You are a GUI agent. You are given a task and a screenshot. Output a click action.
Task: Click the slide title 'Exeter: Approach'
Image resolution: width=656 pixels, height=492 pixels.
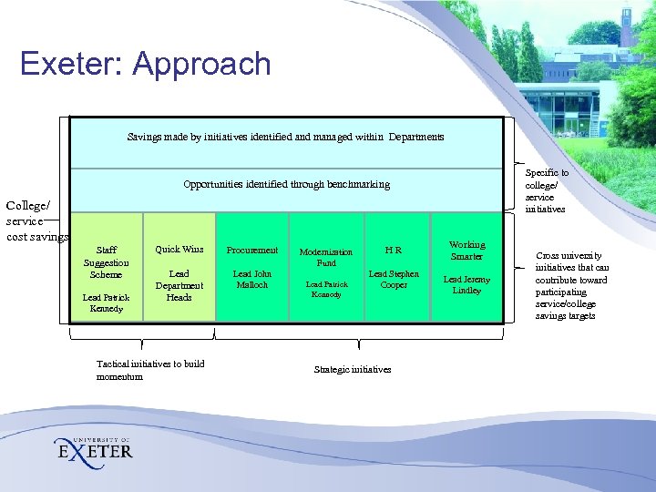tap(146, 64)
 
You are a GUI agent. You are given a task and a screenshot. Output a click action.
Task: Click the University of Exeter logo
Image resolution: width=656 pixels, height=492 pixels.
tap(94, 447)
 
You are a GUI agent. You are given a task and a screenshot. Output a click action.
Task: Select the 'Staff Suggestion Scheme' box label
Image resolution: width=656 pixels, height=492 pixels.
tap(107, 261)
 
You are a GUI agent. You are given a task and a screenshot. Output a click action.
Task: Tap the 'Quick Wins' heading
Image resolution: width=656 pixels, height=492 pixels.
tap(179, 250)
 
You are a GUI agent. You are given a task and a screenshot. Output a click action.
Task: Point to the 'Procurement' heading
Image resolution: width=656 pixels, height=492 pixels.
tap(252, 250)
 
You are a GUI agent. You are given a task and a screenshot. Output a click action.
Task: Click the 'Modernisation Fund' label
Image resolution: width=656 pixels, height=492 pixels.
tap(326, 258)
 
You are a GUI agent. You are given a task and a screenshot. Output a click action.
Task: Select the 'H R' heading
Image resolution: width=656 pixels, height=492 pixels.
tap(394, 250)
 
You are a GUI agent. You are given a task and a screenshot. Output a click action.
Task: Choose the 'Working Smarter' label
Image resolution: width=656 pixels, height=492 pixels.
tap(467, 251)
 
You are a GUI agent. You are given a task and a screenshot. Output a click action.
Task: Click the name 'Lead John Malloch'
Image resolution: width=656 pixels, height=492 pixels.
tap(252, 279)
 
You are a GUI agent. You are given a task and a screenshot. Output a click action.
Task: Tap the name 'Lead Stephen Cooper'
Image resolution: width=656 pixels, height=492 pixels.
tap(394, 279)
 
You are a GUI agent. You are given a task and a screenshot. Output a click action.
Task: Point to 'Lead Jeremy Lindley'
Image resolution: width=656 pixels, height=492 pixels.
tap(466, 284)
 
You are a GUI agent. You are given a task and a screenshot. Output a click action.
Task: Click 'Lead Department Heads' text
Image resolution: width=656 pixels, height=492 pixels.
tap(179, 285)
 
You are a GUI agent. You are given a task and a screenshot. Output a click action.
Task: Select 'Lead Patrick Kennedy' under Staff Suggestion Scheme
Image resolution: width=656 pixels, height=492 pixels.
tap(107, 302)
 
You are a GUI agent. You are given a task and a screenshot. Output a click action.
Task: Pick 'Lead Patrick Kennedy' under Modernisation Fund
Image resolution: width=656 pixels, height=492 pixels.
tap(326, 289)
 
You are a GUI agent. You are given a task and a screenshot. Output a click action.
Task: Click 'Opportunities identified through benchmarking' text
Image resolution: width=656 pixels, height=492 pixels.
tap(286, 184)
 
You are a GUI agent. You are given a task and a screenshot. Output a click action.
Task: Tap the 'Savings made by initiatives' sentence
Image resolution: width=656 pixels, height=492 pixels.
tap(286, 138)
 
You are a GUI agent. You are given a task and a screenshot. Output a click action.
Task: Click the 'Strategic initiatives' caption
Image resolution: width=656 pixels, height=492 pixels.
tap(353, 369)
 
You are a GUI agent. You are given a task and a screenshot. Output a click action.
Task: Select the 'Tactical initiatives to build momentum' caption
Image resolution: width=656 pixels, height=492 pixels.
tap(150, 370)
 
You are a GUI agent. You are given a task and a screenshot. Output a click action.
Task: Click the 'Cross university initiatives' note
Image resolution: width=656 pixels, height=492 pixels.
tap(572, 285)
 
